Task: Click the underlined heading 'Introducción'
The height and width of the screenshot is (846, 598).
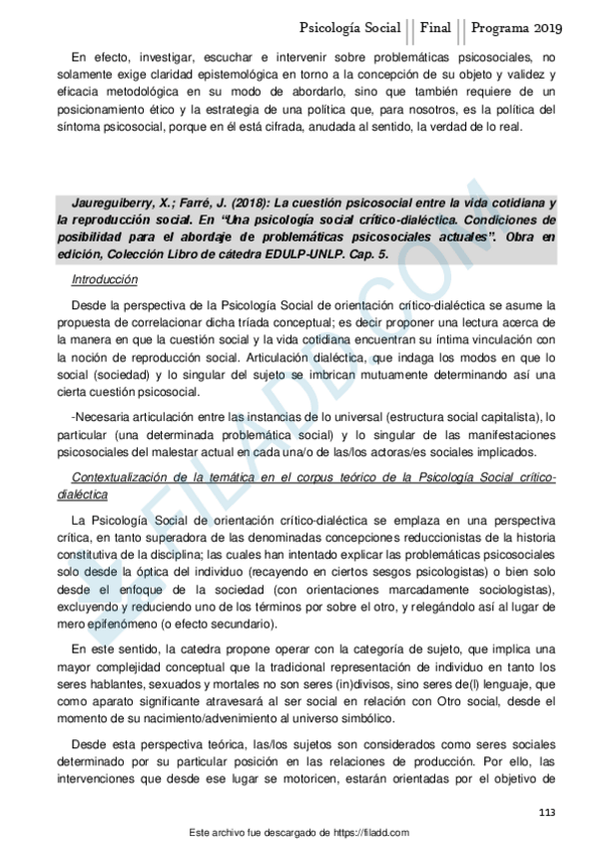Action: tap(105, 280)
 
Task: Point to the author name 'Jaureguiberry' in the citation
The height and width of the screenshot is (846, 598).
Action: tap(119, 204)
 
